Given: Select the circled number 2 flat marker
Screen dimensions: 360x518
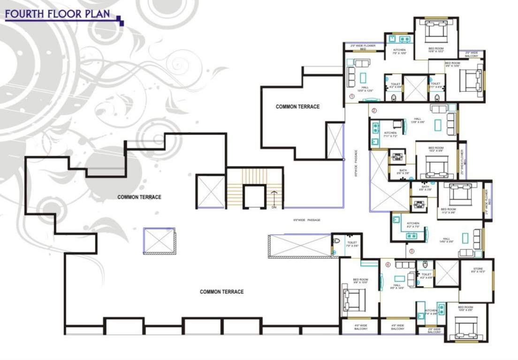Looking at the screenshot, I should pyautogui.click(x=374, y=111).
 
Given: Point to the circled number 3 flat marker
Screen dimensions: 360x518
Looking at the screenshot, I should pyautogui.click(x=411, y=251).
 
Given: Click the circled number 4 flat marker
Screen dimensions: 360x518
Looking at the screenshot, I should pyautogui.click(x=388, y=264).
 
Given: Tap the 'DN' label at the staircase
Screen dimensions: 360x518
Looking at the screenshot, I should pyautogui.click(x=274, y=207).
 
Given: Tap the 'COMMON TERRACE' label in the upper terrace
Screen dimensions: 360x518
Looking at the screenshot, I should pyautogui.click(x=297, y=107).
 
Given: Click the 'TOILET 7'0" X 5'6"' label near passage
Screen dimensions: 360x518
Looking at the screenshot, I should pyautogui.click(x=352, y=244).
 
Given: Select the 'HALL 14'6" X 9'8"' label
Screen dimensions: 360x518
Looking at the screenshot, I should pyautogui.click(x=446, y=240).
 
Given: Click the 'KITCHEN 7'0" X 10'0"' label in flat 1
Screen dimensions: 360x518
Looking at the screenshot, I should pyautogui.click(x=399, y=52).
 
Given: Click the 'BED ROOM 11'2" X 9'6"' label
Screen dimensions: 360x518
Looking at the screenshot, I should pyautogui.click(x=448, y=210).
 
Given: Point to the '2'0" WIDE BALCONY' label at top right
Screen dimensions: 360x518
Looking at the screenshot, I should pyautogui.click(x=472, y=54).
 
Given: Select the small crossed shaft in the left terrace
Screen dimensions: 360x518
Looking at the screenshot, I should pyautogui.click(x=159, y=240).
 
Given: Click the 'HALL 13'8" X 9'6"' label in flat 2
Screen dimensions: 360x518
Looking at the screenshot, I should pyautogui.click(x=418, y=120).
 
